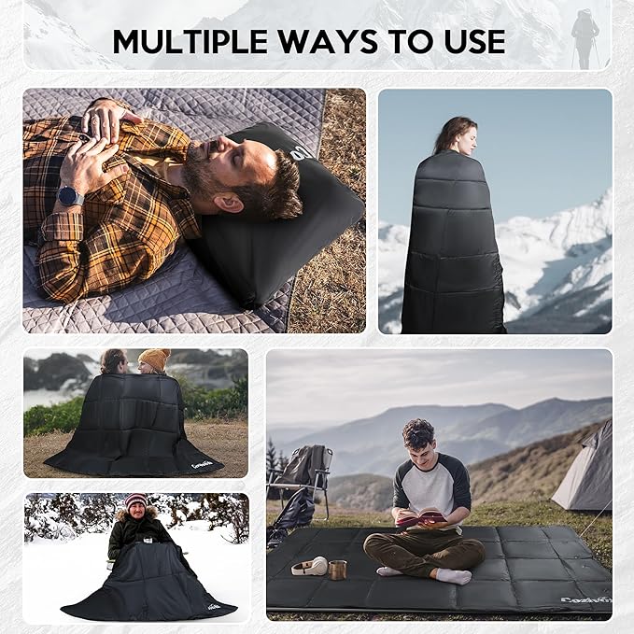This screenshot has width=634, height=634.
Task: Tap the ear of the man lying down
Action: click(232, 200)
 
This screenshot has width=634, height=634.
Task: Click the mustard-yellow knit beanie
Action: click(154, 359)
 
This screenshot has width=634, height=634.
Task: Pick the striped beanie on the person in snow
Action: click(136, 500)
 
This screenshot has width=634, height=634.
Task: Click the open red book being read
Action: click(421, 516)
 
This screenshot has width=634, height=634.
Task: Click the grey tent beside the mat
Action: click(585, 472)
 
